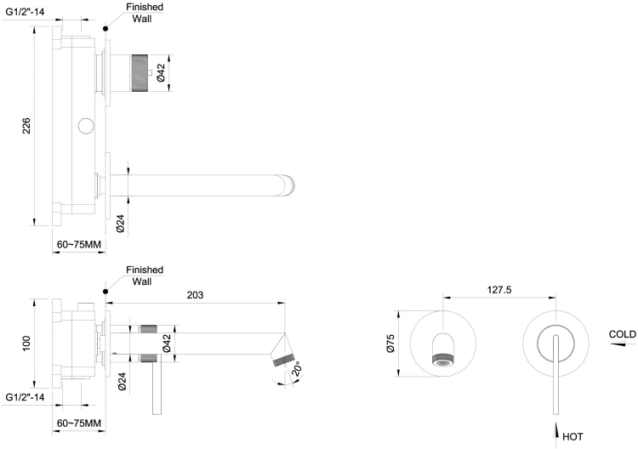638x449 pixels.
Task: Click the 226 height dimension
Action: coord(26,126)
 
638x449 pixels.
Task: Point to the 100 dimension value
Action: coord(26,343)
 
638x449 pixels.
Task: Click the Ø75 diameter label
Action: coord(390,344)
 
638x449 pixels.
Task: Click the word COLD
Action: coord(622,334)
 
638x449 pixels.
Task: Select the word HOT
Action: coord(572,437)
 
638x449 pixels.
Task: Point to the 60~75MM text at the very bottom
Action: coord(79,423)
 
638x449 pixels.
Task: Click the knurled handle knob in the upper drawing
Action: coord(140,68)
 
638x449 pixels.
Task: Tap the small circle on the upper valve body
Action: coord(85,128)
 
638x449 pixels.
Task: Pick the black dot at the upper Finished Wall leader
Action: coord(105,28)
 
